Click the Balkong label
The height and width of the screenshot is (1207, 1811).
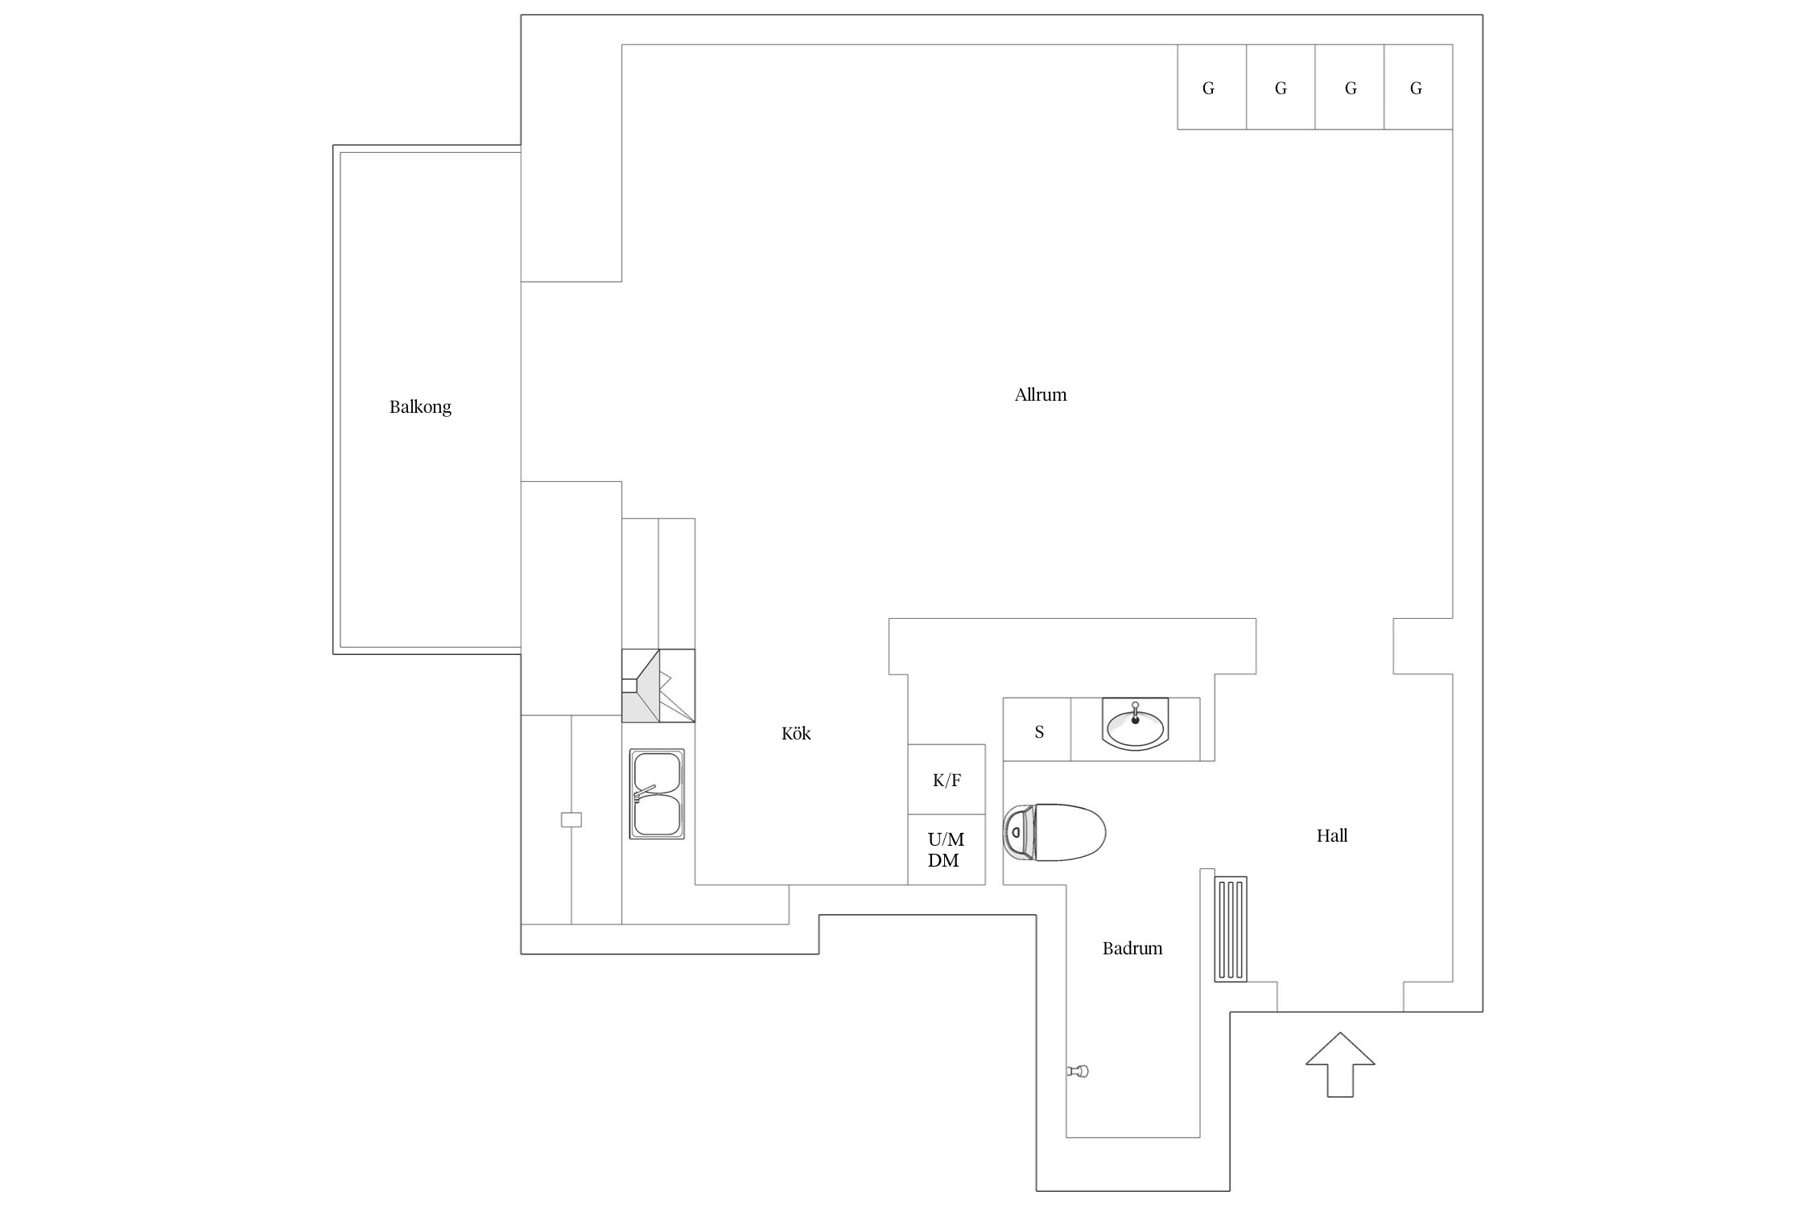coord(420,407)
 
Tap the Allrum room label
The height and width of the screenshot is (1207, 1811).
coord(1040,395)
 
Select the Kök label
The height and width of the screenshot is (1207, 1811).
coord(796,734)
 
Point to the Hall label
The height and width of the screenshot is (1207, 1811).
coord(1331,836)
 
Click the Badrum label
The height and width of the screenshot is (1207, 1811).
coord(1132,949)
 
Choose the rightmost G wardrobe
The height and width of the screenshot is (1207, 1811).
coord(1417,87)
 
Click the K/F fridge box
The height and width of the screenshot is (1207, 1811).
coord(947,779)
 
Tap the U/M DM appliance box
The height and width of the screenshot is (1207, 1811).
coord(947,850)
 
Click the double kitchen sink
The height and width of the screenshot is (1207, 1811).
coord(657,794)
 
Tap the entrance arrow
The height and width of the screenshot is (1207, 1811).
coord(1339,1063)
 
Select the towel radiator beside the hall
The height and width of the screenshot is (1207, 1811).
coord(1231,929)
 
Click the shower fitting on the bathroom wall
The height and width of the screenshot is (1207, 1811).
coord(1078,1070)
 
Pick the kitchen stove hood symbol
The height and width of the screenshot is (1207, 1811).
coord(658,686)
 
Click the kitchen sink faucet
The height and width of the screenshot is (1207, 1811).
coord(645,793)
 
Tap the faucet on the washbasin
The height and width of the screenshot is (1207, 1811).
coord(1135,713)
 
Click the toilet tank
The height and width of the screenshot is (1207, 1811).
coord(1017,832)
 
